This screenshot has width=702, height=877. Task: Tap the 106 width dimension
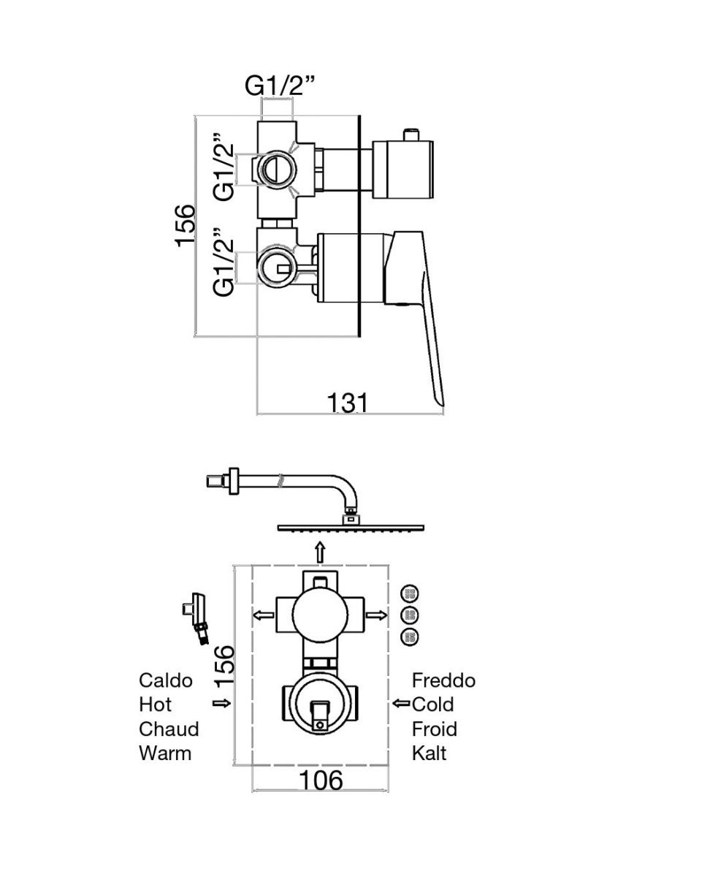[321, 780]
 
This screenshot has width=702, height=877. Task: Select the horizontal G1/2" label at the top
[280, 86]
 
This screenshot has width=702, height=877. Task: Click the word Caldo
[165, 680]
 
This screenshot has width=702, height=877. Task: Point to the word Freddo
[443, 680]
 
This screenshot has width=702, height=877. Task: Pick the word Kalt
[429, 753]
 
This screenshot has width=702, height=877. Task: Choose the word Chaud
[169, 729]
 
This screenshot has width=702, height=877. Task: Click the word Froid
[435, 729]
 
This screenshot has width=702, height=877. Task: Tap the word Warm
[165, 753]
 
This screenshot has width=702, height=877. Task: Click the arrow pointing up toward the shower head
[321, 553]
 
